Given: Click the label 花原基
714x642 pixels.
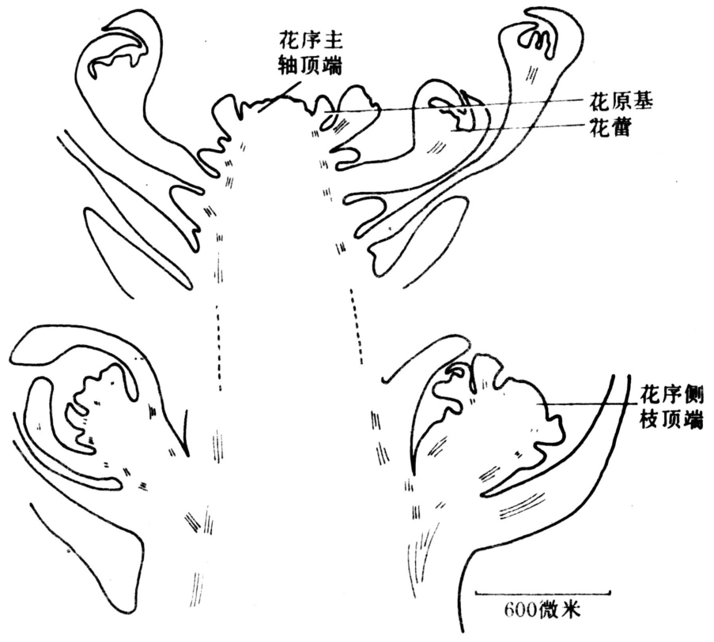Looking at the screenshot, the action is pyautogui.click(x=621, y=103).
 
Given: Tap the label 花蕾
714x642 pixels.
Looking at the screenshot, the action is pyautogui.click(x=610, y=128).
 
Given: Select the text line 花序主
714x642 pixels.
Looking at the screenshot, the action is pyautogui.click(x=311, y=43).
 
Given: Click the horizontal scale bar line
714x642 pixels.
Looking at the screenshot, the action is pyautogui.click(x=542, y=592).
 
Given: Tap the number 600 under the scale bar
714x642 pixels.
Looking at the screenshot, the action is pyautogui.click(x=521, y=610).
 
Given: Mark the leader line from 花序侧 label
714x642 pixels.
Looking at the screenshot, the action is pyautogui.click(x=586, y=404).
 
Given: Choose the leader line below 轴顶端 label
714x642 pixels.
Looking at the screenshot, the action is pyautogui.click(x=279, y=96).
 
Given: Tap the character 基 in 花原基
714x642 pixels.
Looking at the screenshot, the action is pyautogui.click(x=643, y=103).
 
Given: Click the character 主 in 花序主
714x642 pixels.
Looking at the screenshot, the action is pyautogui.click(x=333, y=43).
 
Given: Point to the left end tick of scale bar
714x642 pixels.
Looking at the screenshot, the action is pyautogui.click(x=476, y=592).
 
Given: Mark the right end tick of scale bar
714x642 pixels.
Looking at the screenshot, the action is pyautogui.click(x=610, y=592).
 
